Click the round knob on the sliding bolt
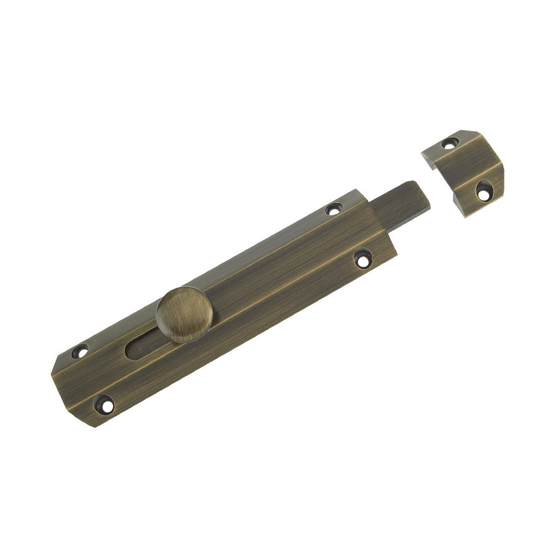point(182,314)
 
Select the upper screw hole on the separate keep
point(450,143)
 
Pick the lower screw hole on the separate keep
point(484,190)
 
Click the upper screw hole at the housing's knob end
point(80,351)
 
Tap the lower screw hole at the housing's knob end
point(104,404)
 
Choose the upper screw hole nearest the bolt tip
point(334,209)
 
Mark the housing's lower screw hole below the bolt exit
point(362,259)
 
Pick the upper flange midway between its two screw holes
point(207,278)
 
